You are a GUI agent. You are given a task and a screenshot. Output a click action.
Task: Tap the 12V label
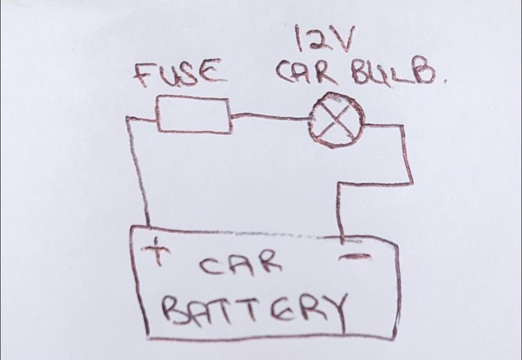click(x=325, y=39)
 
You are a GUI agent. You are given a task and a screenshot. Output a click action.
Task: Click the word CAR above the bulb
click(x=307, y=72)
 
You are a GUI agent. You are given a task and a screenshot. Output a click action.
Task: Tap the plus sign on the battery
click(x=157, y=251)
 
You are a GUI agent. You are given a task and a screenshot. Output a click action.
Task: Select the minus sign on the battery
click(x=354, y=257)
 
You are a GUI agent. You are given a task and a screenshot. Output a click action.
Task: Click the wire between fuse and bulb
click(x=270, y=116)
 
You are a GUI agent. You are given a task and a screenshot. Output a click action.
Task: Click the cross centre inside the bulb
click(x=337, y=120)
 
